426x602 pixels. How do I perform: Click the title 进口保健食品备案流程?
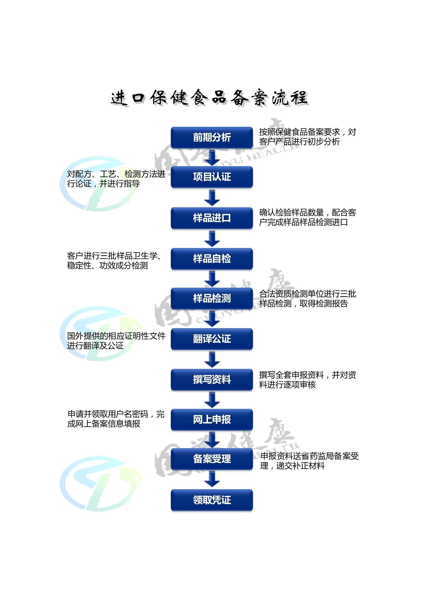209,98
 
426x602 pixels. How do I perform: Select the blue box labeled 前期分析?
212,137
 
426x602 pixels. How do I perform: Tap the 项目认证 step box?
212,177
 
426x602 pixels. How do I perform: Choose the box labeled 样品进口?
212,218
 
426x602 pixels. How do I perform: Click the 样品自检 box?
212,259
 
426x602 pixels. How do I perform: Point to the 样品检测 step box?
212,298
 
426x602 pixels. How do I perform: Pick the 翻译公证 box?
212,339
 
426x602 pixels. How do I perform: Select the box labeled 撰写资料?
212,379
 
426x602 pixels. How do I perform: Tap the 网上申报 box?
212,419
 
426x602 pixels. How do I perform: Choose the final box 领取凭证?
212,500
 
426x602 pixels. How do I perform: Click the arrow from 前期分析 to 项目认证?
212,157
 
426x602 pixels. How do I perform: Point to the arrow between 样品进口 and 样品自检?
212,239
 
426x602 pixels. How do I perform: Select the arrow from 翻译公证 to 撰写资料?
212,359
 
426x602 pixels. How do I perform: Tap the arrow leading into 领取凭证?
212,479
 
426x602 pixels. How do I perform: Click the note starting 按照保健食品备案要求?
307,137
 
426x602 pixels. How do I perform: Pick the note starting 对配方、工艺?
116,179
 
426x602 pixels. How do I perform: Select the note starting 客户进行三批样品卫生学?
114,261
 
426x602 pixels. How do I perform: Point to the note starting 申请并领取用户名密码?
116,419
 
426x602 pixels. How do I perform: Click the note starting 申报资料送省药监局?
309,461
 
